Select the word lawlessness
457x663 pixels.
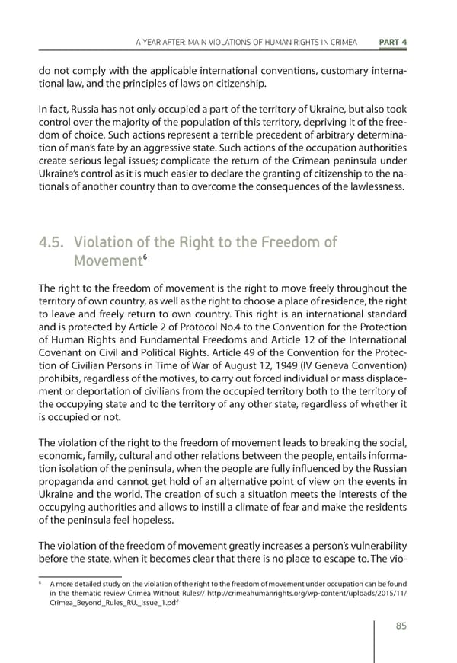375,188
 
